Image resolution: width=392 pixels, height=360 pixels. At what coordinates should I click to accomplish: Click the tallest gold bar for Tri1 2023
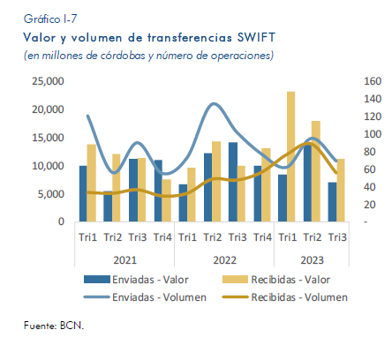290,156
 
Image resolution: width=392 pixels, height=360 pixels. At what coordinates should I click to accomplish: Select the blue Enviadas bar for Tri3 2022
233,182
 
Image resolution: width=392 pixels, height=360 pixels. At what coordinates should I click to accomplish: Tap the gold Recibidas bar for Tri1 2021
92,183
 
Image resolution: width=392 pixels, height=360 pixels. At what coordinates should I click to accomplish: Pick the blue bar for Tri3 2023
333,202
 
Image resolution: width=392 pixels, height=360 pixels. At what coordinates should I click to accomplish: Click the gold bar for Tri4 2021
167,200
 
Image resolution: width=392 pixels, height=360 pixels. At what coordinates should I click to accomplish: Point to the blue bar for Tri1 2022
183,203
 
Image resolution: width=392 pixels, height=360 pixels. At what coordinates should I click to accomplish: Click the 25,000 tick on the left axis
48,81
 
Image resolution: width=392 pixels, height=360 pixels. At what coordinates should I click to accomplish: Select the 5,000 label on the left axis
50,194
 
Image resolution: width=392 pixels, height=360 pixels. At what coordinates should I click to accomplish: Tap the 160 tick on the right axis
373,81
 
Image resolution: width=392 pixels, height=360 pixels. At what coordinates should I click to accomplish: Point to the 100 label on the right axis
373,134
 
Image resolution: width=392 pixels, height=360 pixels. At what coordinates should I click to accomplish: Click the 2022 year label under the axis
224,260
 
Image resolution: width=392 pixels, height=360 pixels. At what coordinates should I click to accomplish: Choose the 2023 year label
312,260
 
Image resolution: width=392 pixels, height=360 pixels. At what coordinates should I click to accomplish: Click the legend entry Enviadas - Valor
136,280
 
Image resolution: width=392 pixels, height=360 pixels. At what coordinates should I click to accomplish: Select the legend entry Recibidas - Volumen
285,297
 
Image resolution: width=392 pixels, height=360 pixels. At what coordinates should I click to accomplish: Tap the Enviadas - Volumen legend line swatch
96,297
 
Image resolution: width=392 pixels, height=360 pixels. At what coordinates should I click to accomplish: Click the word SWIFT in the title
256,38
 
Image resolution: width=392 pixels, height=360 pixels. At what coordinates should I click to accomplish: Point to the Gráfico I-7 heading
50,19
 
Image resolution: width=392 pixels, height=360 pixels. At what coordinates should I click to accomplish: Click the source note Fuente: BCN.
54,326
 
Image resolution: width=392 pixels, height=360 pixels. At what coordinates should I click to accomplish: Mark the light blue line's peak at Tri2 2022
214,103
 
